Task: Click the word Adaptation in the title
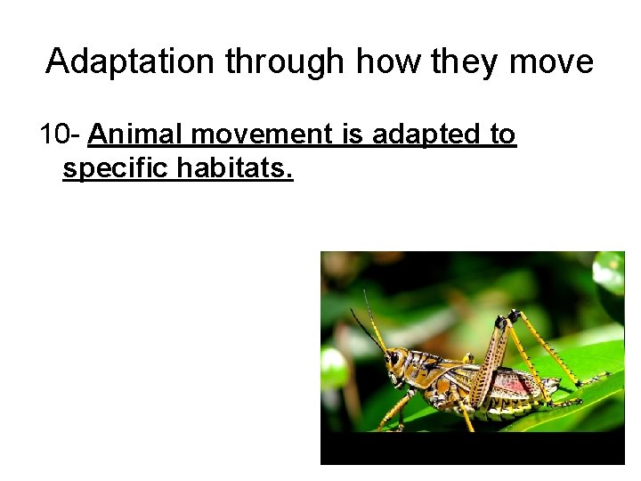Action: point(131,61)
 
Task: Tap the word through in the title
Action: point(285,61)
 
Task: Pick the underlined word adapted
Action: point(421,135)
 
